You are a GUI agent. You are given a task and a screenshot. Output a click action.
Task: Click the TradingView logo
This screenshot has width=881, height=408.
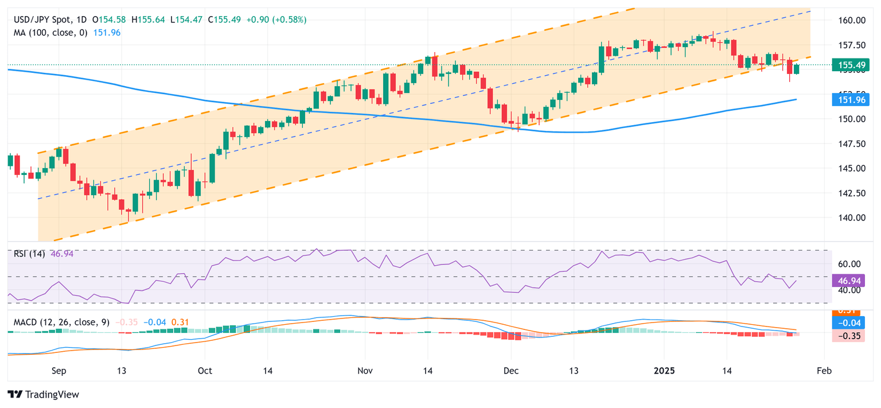tap(43, 395)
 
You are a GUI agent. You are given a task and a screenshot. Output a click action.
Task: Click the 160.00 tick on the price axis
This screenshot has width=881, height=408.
tap(852, 21)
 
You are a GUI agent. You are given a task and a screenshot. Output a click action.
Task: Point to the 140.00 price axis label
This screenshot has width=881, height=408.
tap(852, 217)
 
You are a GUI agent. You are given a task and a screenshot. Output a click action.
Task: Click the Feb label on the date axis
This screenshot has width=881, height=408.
tap(824, 371)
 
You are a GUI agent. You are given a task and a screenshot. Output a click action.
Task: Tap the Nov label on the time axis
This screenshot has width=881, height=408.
tap(365, 371)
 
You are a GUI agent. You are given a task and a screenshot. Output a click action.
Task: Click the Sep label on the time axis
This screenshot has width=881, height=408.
tap(58, 371)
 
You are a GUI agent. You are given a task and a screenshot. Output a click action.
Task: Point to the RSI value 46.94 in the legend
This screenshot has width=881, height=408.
tap(62, 253)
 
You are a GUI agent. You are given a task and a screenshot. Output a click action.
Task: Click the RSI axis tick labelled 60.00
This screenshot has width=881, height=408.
tap(849, 264)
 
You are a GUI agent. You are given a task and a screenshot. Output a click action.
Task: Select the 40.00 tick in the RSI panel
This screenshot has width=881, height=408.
tap(849, 290)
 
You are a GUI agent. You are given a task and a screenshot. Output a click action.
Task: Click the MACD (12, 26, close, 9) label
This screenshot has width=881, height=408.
tap(61, 322)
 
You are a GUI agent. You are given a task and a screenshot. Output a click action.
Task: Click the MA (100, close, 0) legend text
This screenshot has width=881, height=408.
tap(50, 33)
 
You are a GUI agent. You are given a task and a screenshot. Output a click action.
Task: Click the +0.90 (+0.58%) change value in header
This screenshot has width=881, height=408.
tap(276, 20)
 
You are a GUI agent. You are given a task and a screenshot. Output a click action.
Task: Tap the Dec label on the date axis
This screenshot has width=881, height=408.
tap(511, 371)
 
